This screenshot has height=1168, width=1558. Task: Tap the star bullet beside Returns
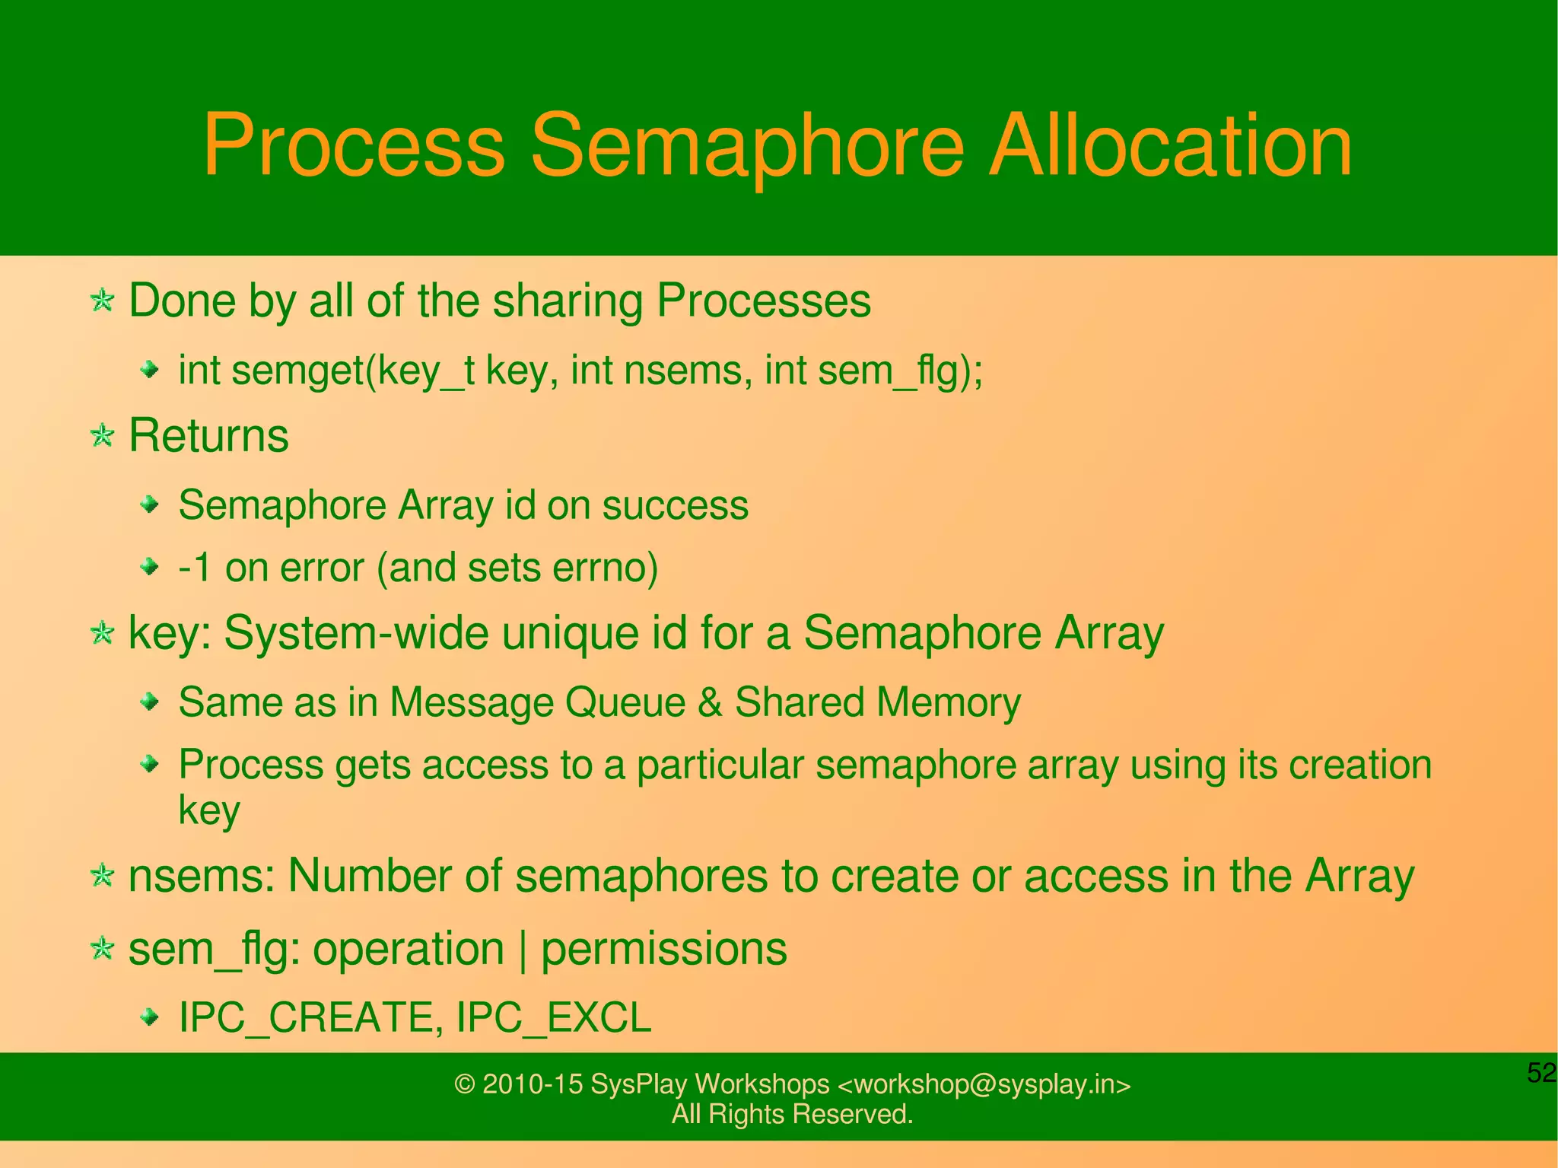tap(102, 437)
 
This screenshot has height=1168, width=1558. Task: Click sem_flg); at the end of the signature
tap(900, 371)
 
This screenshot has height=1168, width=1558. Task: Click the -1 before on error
tap(195, 568)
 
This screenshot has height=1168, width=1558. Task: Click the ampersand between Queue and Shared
tap(709, 702)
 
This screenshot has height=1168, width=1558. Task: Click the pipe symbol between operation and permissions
tap(523, 950)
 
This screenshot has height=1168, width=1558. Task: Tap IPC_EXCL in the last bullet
tap(553, 1018)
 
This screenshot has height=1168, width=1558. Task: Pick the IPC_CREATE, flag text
tap(310, 1018)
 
